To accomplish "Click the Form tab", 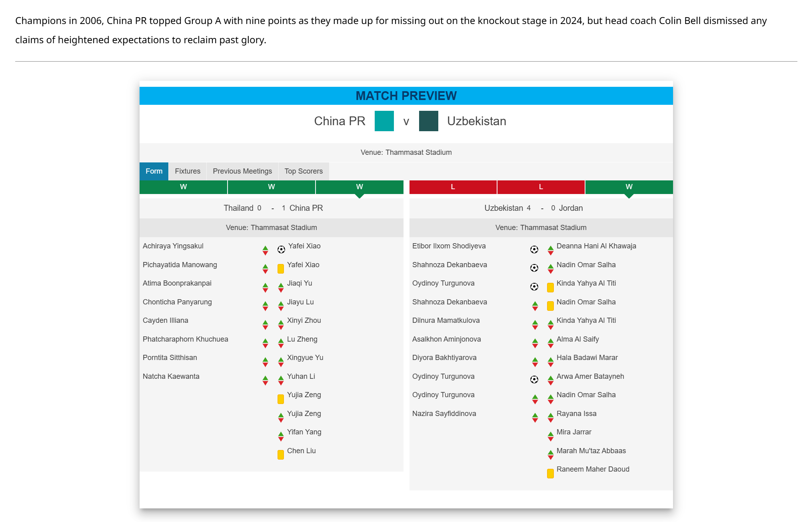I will point(154,171).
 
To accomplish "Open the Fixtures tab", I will point(188,171).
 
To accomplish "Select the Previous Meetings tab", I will point(242,171).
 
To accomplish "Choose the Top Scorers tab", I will point(304,171).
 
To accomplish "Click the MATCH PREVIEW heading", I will point(406,96).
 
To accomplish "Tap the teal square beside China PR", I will point(384,121).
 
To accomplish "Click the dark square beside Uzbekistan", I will point(428,121).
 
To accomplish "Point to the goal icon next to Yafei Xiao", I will point(281,250).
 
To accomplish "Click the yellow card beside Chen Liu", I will point(281,454).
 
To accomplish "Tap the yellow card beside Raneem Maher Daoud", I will point(550,473).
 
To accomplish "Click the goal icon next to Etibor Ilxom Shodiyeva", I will point(534,250).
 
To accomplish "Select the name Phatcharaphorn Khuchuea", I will point(186,339).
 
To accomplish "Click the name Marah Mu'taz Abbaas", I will point(591,451).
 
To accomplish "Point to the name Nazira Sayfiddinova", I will point(444,414).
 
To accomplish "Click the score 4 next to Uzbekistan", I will point(529,208).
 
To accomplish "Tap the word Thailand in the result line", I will point(238,208).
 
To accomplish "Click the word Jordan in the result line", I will point(571,208).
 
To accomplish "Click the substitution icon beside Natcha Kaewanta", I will point(265,380).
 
